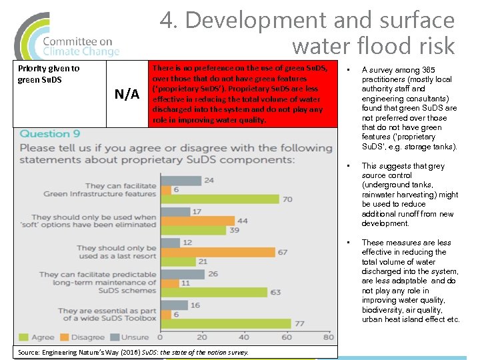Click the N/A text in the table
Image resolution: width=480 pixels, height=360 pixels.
click(127, 94)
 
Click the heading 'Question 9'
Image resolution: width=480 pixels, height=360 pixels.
click(50, 134)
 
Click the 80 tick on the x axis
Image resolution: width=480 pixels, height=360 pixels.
click(287, 337)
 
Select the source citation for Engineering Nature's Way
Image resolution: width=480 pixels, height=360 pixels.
click(133, 352)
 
